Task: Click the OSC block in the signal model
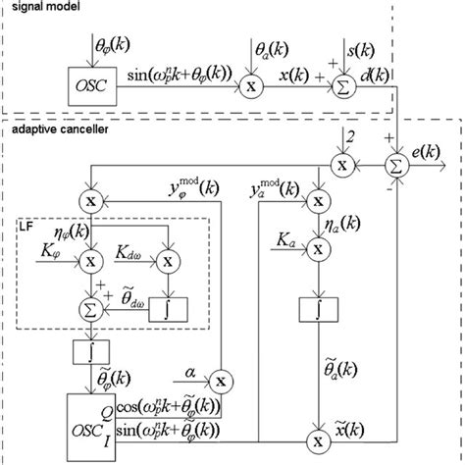(89, 84)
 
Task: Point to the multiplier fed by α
(221, 380)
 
